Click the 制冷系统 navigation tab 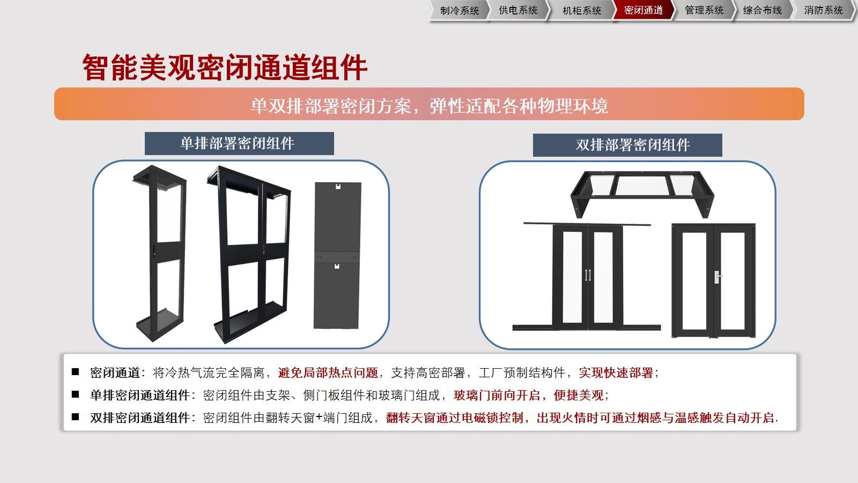(459, 10)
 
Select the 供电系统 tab (518, 10)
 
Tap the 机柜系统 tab (581, 10)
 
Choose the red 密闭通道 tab (643, 10)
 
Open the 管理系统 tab (704, 10)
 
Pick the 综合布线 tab (762, 10)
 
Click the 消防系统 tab (823, 10)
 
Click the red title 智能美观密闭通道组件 (225, 68)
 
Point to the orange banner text (429, 106)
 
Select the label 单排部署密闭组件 (238, 143)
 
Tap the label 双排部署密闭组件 (633, 145)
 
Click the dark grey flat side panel (337, 255)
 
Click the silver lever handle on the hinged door (717, 277)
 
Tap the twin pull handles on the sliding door (588, 275)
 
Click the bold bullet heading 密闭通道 (115, 372)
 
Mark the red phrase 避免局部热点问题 (328, 372)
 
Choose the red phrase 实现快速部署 (616, 372)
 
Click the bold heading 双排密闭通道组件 (140, 418)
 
